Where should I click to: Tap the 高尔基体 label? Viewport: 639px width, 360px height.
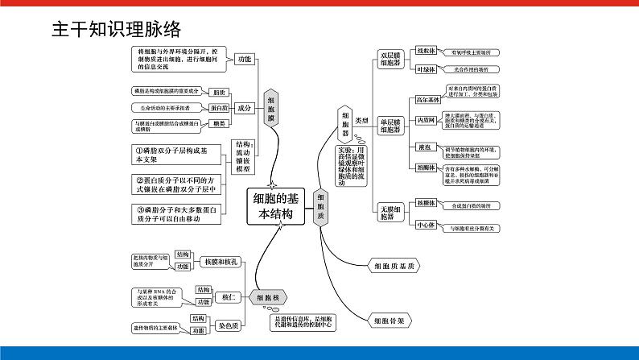[x=427, y=101]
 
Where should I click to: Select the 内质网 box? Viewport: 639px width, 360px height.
[x=426, y=120]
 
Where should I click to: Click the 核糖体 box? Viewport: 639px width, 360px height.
[x=426, y=204]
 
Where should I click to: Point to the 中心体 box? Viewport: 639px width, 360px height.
[x=426, y=226]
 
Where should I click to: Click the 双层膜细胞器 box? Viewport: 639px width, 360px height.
[x=390, y=59]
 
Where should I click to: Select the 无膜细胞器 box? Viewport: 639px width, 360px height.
[x=390, y=213]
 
